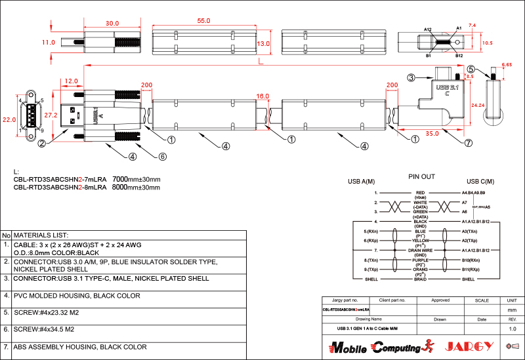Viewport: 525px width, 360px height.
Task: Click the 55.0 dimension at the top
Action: click(x=203, y=21)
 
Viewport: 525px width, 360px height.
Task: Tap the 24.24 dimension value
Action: click(x=478, y=105)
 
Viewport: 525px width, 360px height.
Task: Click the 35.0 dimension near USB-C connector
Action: click(x=431, y=134)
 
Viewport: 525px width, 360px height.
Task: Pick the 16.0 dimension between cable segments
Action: click(x=262, y=96)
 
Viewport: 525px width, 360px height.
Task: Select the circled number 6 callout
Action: click(x=163, y=156)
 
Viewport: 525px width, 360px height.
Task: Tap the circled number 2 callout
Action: click(x=41, y=143)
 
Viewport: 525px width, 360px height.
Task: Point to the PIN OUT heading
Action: click(x=421, y=176)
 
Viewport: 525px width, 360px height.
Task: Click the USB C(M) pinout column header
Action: click(x=480, y=182)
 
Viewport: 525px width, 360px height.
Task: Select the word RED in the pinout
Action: click(x=421, y=193)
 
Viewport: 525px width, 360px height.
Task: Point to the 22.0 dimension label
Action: click(x=9, y=120)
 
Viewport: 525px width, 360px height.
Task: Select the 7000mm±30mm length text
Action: click(x=136, y=179)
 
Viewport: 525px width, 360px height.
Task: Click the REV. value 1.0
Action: click(x=513, y=328)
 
